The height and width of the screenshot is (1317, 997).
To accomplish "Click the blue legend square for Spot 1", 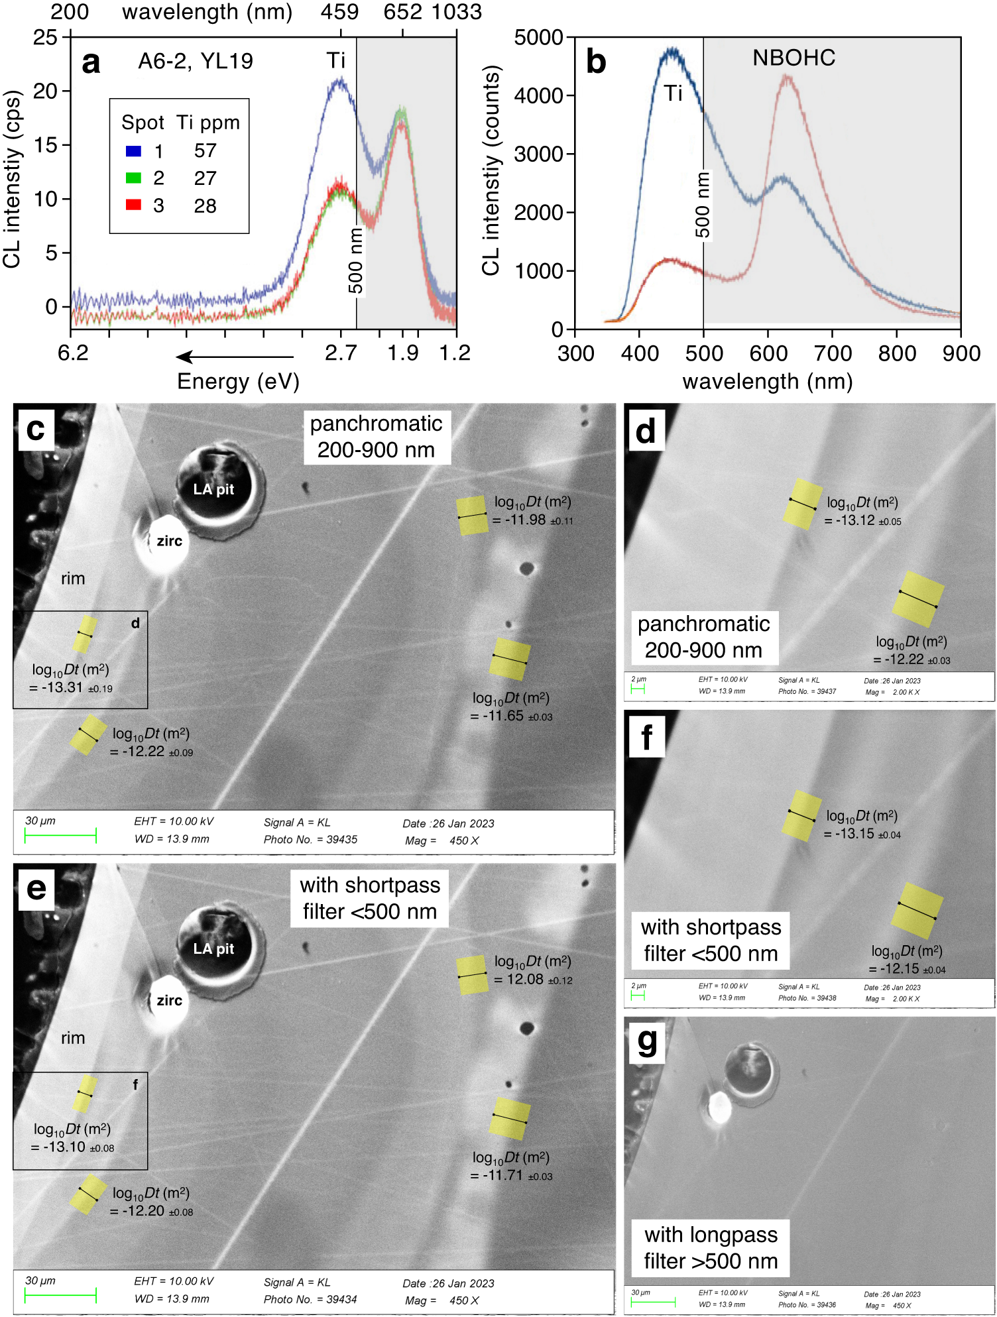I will pyautogui.click(x=133, y=151).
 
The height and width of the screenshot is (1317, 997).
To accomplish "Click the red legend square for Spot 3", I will pyautogui.click(x=133, y=205).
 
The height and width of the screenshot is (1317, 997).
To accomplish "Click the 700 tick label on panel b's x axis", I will pyautogui.click(x=832, y=353).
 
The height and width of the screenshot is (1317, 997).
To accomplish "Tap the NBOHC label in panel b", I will pyautogui.click(x=793, y=58).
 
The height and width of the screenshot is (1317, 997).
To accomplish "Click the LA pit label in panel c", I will pyautogui.click(x=213, y=489).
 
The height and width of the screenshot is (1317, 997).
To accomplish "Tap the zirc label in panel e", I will pyautogui.click(x=169, y=1000).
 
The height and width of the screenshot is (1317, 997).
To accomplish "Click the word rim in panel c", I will pyautogui.click(x=73, y=579).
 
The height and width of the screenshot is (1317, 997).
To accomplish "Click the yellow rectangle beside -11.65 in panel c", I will pyautogui.click(x=510, y=659).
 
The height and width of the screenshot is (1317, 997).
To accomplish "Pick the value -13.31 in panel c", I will pyautogui.click(x=62, y=687).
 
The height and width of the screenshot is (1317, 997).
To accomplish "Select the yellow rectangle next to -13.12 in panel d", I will pyautogui.click(x=802, y=504).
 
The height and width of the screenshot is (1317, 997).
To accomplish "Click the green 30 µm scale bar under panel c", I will pyautogui.click(x=60, y=835).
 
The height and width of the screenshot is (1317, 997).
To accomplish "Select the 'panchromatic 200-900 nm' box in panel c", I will pyautogui.click(x=377, y=437).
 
